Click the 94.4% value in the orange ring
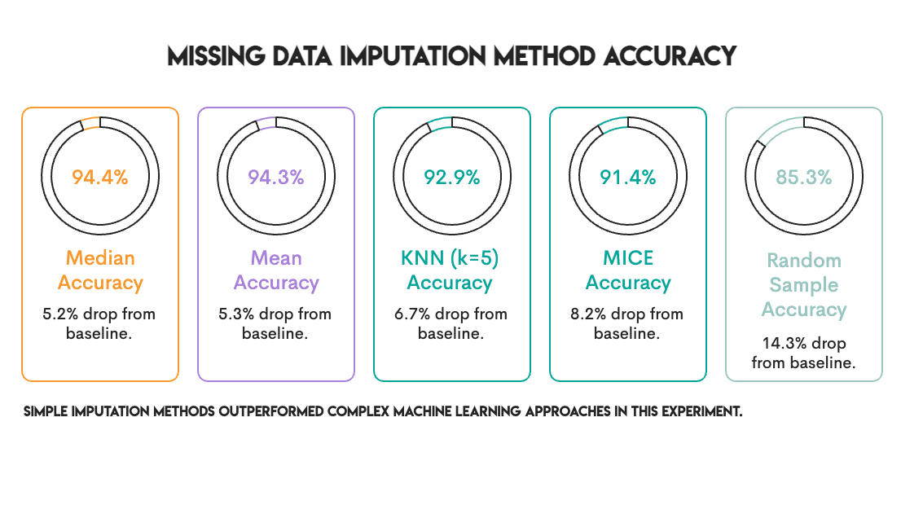99,177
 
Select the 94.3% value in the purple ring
276,177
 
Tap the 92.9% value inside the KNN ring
452,177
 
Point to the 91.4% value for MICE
628,177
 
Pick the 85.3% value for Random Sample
804,177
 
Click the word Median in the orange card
100,258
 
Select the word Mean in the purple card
276,258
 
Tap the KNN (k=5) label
450,258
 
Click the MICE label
627,258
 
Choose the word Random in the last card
804,261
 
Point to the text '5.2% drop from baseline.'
99,323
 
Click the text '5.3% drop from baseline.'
275,323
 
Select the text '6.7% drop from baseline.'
451,323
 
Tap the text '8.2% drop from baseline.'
627,323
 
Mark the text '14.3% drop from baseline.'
804,353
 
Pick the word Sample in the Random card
804,285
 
